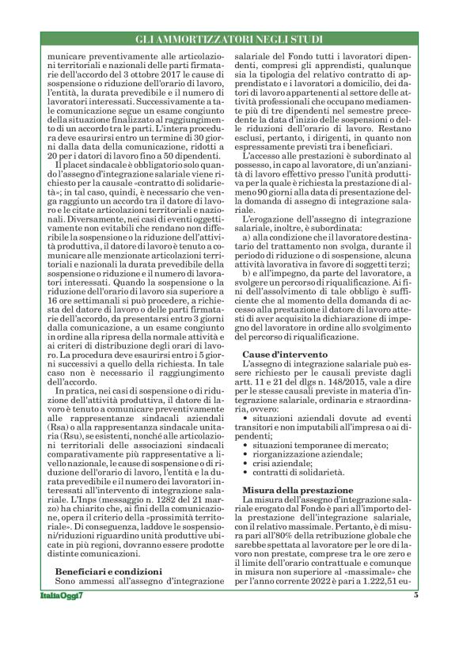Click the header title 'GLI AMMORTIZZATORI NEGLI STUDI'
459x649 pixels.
tap(229, 38)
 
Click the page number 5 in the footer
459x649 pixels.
tap(415, 617)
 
